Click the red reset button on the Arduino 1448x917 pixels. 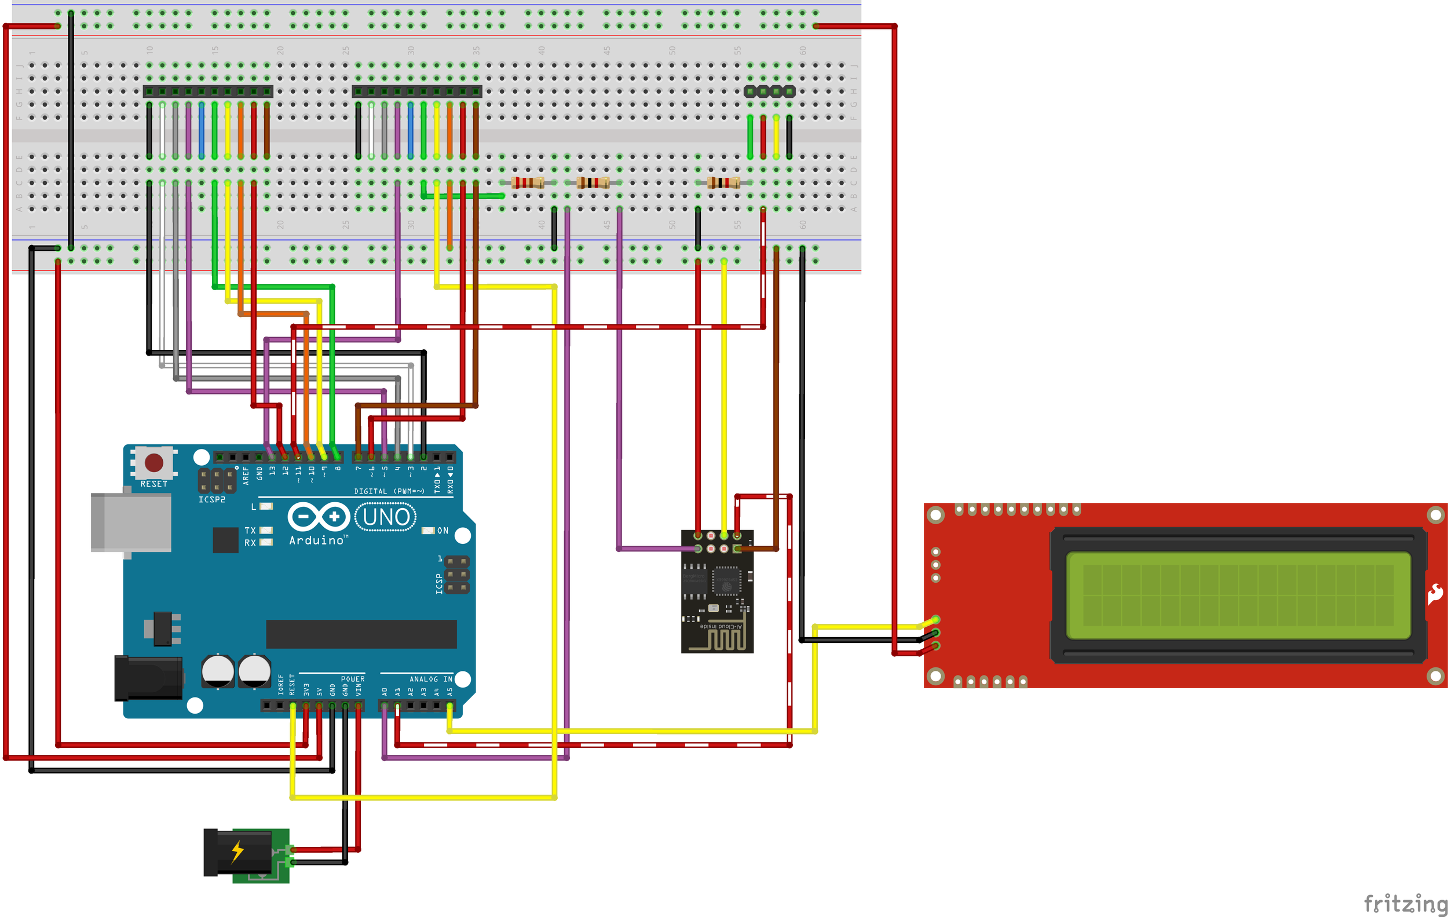pyautogui.click(x=154, y=462)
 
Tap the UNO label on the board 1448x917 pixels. pyautogui.click(x=386, y=517)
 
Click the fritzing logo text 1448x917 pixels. pyautogui.click(x=1405, y=903)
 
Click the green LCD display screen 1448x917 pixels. pyautogui.click(x=1238, y=595)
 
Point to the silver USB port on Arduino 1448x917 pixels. pyautogui.click(x=130, y=522)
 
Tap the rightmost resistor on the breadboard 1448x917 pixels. pyautogui.click(x=723, y=182)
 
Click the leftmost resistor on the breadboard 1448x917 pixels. pyautogui.click(x=528, y=182)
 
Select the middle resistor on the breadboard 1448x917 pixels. pyautogui.click(x=593, y=182)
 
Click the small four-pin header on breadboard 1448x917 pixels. pyautogui.click(x=769, y=92)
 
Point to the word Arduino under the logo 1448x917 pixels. pyautogui.click(x=317, y=540)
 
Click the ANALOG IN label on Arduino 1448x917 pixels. pyautogui.click(x=430, y=679)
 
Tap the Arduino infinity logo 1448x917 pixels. pyautogui.click(x=319, y=517)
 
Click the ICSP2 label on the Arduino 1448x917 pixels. pyautogui.click(x=211, y=500)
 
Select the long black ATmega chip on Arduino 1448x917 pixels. pyautogui.click(x=361, y=634)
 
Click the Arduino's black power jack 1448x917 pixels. pyautogui.click(x=148, y=678)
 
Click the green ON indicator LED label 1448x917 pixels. pyautogui.click(x=443, y=531)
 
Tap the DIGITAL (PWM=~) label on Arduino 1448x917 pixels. pyautogui.click(x=389, y=491)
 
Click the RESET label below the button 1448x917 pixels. pyautogui.click(x=154, y=484)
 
